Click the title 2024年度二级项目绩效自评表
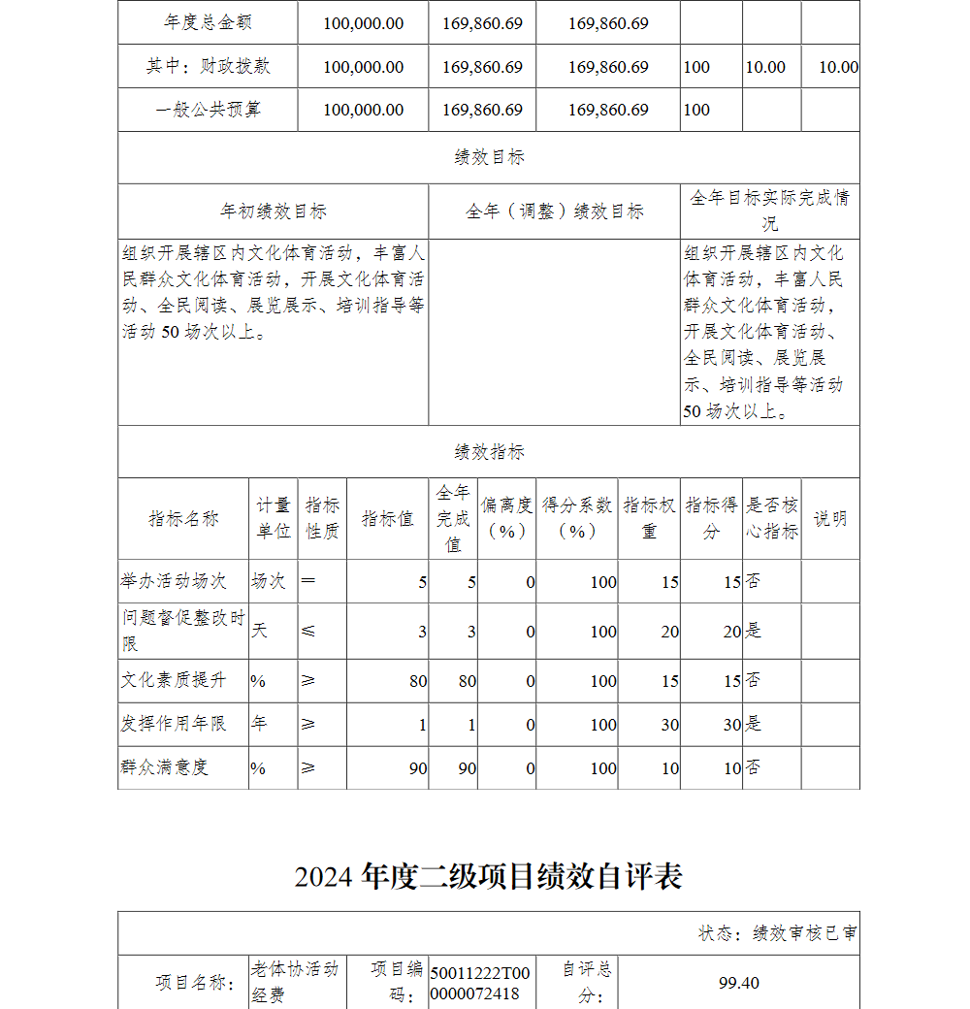click(x=488, y=876)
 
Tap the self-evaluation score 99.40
click(x=738, y=983)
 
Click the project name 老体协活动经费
click(x=295, y=982)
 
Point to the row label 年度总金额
click(x=209, y=22)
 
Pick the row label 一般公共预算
click(x=209, y=110)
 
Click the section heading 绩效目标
click(x=489, y=157)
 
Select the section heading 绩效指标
click(x=489, y=452)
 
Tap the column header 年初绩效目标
click(x=273, y=212)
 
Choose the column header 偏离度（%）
click(x=506, y=518)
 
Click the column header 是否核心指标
click(x=772, y=518)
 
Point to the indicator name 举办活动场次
click(x=174, y=581)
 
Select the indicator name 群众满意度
click(x=165, y=767)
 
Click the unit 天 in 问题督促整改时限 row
click(x=260, y=631)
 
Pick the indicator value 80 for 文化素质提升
click(x=417, y=681)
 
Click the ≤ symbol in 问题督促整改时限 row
click(x=308, y=631)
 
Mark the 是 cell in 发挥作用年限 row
click(x=754, y=724)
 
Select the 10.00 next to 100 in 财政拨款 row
click(x=765, y=67)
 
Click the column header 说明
click(x=830, y=518)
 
